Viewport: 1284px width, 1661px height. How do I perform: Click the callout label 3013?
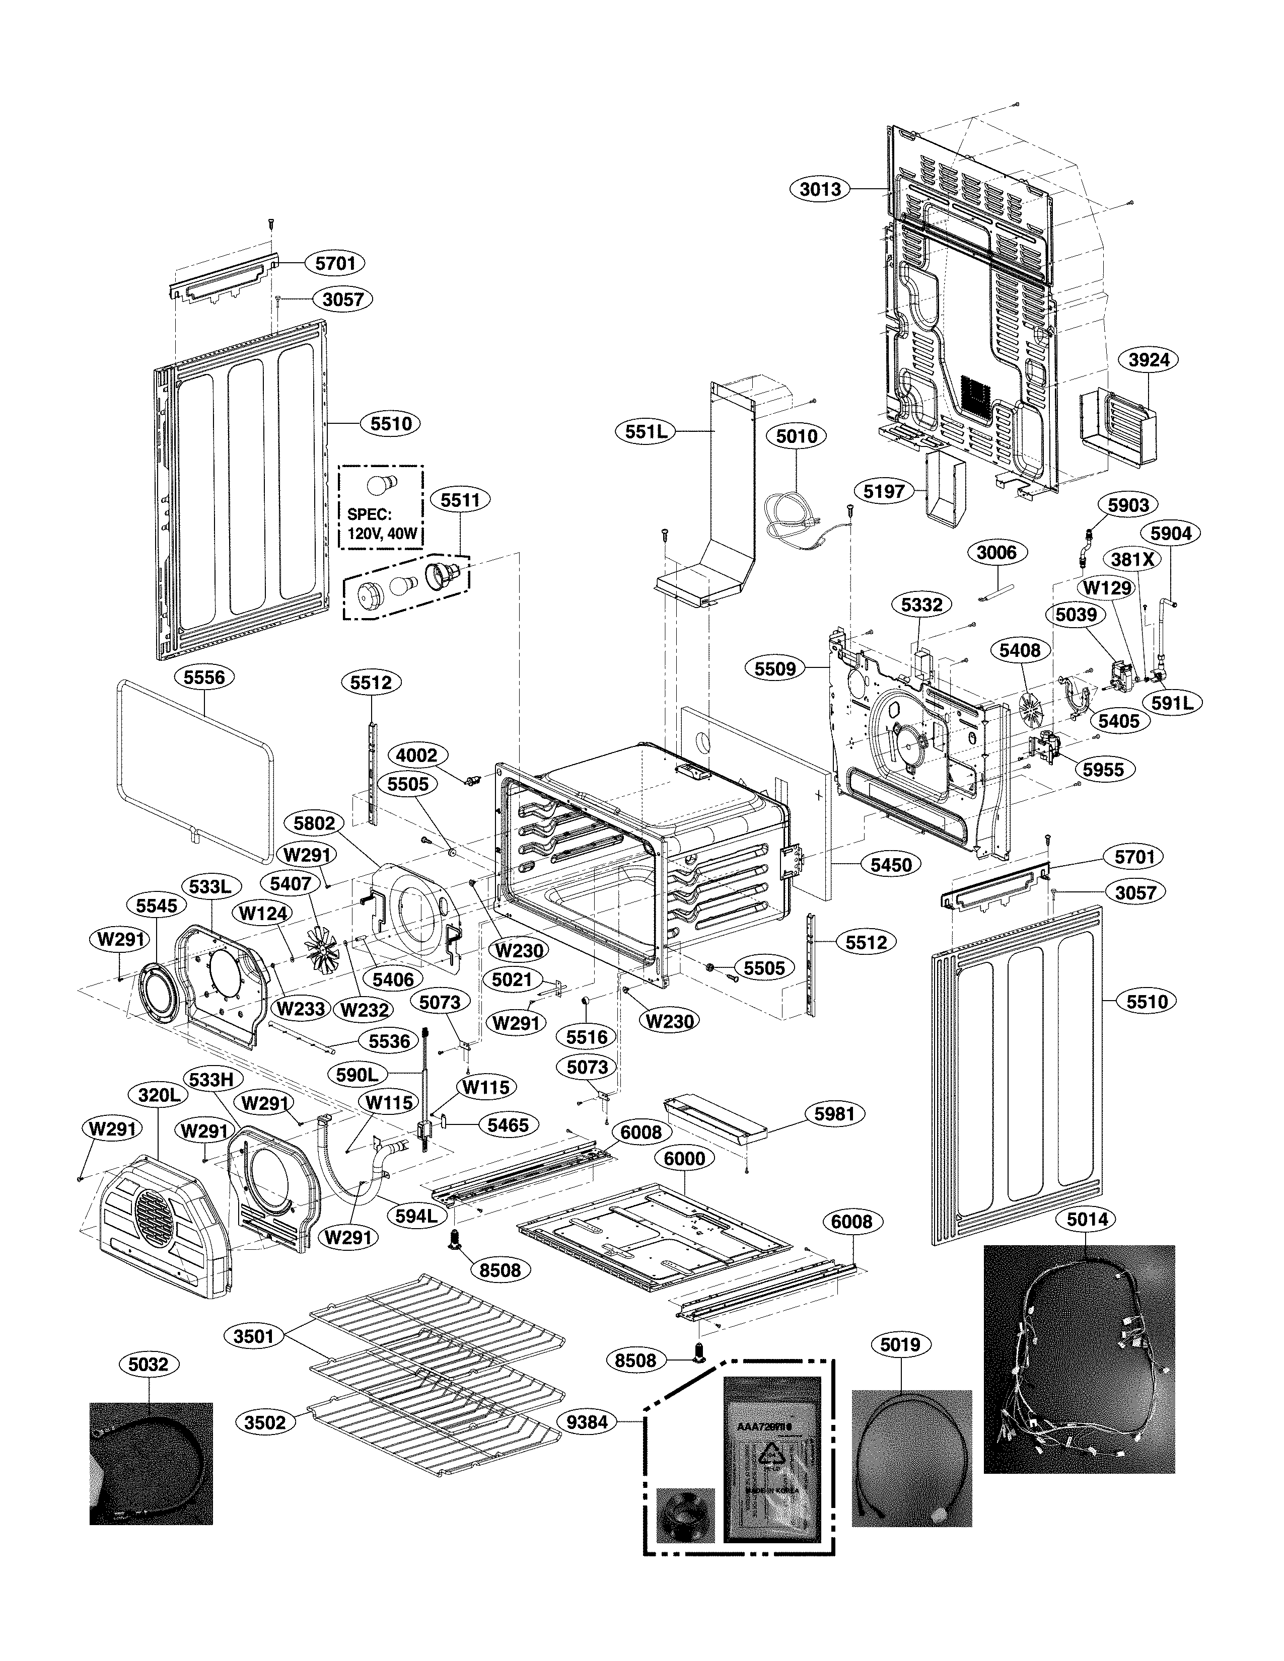coord(820,189)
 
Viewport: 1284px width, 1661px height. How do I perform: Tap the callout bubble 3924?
coord(1149,360)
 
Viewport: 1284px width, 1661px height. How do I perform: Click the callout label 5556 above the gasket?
coord(204,677)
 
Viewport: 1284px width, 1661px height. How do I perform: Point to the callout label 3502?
coord(265,1422)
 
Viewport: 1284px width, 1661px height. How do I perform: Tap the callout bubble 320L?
coord(159,1095)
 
